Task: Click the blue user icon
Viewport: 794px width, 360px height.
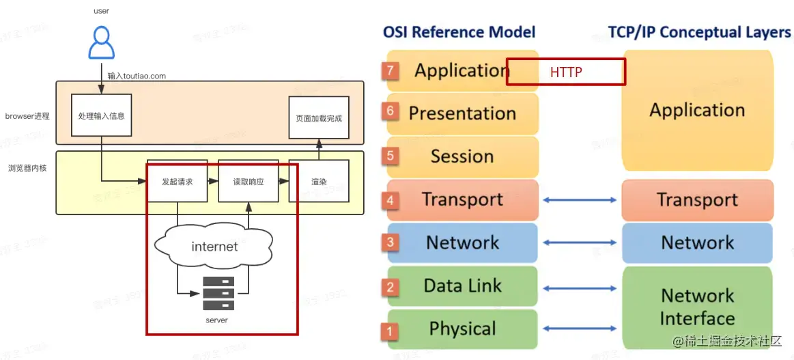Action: (100, 42)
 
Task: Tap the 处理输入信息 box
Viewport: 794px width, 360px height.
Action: (100, 116)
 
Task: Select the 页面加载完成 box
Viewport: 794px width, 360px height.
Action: (318, 117)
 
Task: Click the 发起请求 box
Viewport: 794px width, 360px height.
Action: (177, 182)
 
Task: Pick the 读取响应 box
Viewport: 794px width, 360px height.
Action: (248, 182)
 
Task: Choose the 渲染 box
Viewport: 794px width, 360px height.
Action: (318, 182)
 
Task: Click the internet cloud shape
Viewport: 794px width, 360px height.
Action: (214, 246)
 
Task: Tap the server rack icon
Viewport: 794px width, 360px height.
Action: (218, 294)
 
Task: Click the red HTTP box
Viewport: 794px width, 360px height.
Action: (565, 72)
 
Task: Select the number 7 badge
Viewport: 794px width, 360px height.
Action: (391, 70)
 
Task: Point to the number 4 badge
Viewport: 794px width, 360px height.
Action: (391, 200)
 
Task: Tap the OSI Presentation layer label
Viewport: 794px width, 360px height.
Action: (462, 113)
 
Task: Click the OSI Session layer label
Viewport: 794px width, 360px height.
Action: (462, 156)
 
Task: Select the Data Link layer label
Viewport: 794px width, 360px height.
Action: (462, 286)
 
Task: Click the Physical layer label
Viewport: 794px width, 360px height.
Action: (462, 329)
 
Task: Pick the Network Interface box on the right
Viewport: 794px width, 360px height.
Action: (697, 307)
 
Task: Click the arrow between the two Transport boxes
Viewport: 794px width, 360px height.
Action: (580, 200)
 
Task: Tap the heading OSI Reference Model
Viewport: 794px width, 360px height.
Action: (459, 32)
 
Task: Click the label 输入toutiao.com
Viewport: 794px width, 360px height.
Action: (137, 76)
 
